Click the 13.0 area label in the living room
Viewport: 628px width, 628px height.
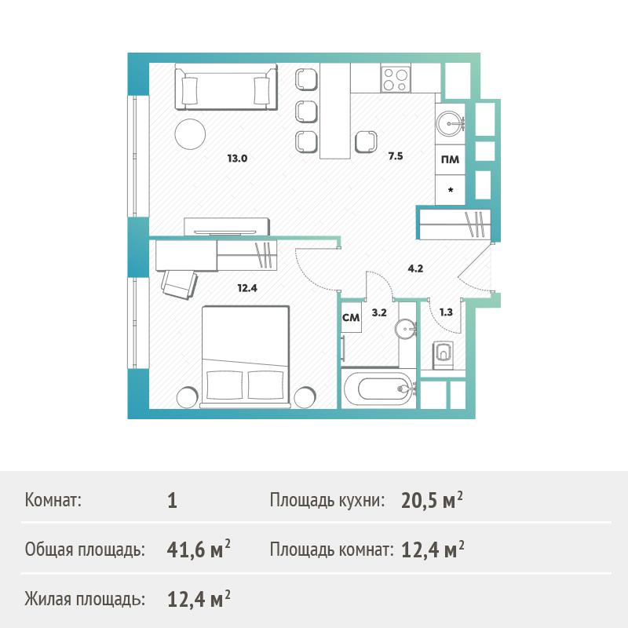pos(237,159)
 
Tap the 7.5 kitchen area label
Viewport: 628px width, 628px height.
pos(396,156)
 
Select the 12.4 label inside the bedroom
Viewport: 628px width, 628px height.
pos(247,287)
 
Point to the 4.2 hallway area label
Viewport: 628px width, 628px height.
pos(415,268)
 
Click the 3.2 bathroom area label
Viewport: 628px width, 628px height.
pos(379,312)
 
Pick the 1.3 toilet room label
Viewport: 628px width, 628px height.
pos(446,312)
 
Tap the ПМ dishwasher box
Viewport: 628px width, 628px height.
pos(450,160)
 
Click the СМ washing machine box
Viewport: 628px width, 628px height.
pos(351,317)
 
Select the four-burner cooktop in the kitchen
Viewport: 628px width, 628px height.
pos(396,78)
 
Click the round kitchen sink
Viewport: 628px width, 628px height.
pos(449,124)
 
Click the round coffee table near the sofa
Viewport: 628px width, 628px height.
pos(190,134)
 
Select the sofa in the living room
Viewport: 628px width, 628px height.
pos(226,86)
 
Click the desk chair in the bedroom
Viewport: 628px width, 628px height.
pos(180,283)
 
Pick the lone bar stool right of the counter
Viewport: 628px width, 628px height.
pos(366,141)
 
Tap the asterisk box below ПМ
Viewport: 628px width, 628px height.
pos(450,190)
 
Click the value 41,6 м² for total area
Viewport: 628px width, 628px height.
pos(199,549)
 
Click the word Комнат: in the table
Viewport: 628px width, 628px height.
pos(53,500)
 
